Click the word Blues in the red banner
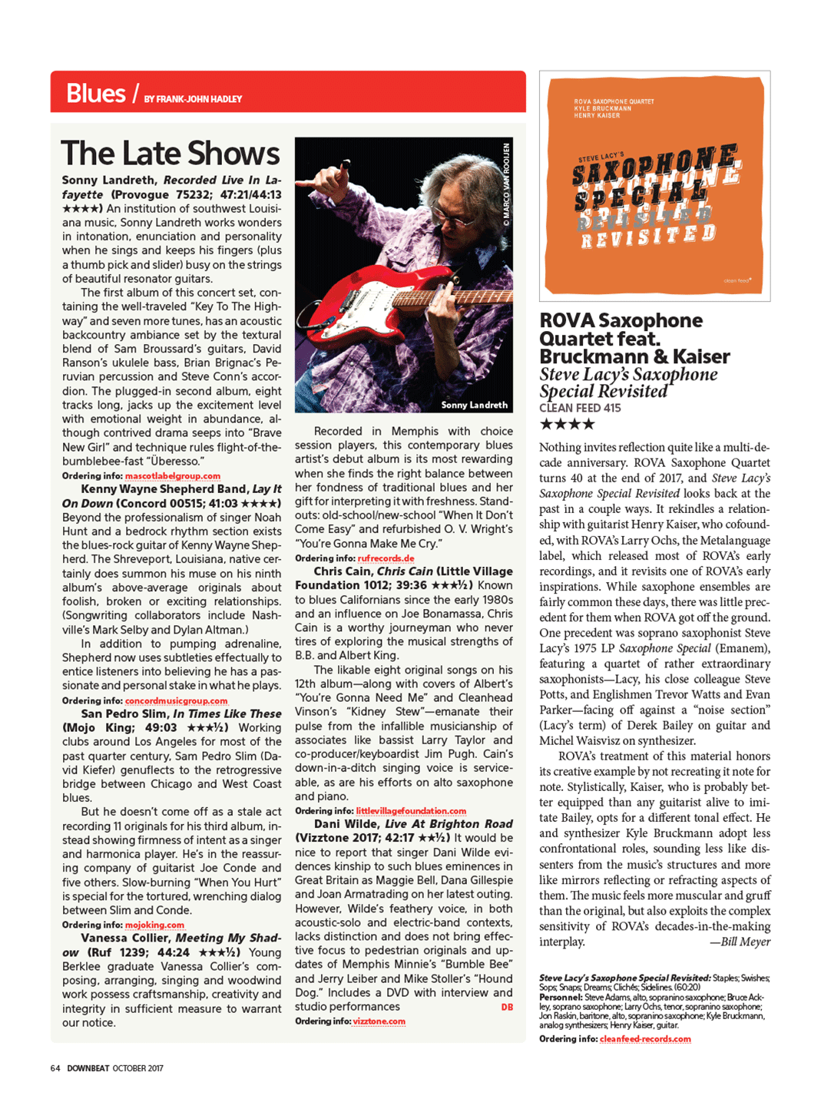point(95,94)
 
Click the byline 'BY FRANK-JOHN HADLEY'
point(193,99)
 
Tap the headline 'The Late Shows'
point(170,154)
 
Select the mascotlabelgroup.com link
point(173,476)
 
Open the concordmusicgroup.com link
point(176,700)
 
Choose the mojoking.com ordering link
point(154,925)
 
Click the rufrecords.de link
point(386,558)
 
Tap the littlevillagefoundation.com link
point(411,811)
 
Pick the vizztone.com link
point(379,1021)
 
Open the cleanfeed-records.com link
point(645,1039)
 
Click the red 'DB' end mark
point(507,1007)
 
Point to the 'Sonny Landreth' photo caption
point(474,405)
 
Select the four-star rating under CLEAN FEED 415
point(568,424)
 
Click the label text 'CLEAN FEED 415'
point(580,409)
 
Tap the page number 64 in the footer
point(55,1068)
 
